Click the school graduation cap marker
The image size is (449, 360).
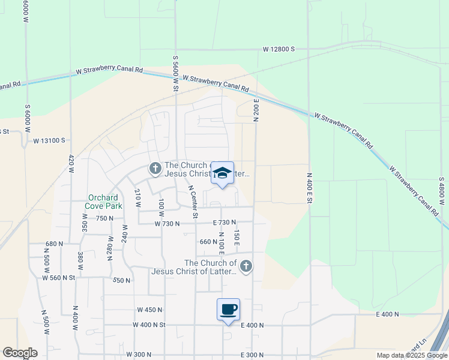coord(222,173)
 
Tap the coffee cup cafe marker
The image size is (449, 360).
coord(228,310)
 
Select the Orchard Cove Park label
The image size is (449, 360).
coord(105,202)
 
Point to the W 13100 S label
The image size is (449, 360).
coord(49,140)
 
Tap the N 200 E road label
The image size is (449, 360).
coord(256,110)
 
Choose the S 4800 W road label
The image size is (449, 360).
coord(441,193)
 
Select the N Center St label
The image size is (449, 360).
coord(193,201)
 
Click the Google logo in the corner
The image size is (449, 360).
coord(20,353)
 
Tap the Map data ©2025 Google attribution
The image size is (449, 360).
coord(411,355)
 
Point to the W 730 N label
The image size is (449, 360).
coord(167,223)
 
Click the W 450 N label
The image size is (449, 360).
coord(150,310)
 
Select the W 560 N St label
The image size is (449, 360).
coord(59,278)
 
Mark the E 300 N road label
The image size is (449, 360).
coord(252,355)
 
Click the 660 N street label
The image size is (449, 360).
coord(208,242)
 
